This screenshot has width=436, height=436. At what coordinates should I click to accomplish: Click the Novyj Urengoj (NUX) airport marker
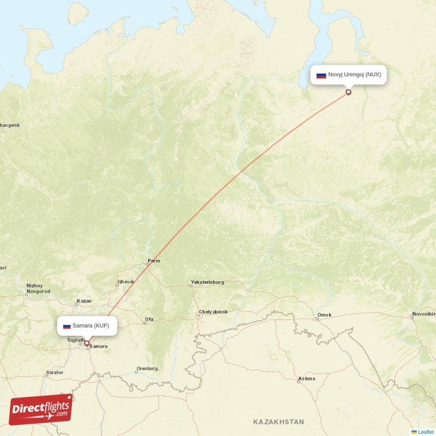pos(348,92)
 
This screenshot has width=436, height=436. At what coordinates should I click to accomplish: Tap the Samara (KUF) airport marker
pos(87,343)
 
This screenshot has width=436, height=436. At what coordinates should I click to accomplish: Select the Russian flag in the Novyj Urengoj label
pos(321,75)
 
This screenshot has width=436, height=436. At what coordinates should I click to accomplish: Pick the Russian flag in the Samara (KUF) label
pos(67,326)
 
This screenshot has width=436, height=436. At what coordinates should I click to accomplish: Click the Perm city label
pos(154,261)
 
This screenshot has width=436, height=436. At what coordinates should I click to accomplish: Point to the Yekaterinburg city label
pos(207,282)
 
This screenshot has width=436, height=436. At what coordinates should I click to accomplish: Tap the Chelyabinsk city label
pos(213,312)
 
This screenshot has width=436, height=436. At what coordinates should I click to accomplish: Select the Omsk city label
pos(324,316)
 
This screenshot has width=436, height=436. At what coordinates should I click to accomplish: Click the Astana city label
pos(306,379)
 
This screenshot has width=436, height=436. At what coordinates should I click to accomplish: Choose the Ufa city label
pos(149,319)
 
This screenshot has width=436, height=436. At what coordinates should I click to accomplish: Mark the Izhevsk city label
pos(125,282)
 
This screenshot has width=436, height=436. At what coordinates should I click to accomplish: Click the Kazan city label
pos(84,301)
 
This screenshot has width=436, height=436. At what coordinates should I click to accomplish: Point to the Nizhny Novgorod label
pos(38,288)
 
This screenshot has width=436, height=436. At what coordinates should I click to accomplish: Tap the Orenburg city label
pos(147,368)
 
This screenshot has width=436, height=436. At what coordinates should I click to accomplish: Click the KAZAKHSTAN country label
pos(278,422)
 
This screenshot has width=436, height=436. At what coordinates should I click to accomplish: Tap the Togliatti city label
pos(76,340)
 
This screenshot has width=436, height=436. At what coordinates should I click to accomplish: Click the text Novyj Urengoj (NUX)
pos(354,75)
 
